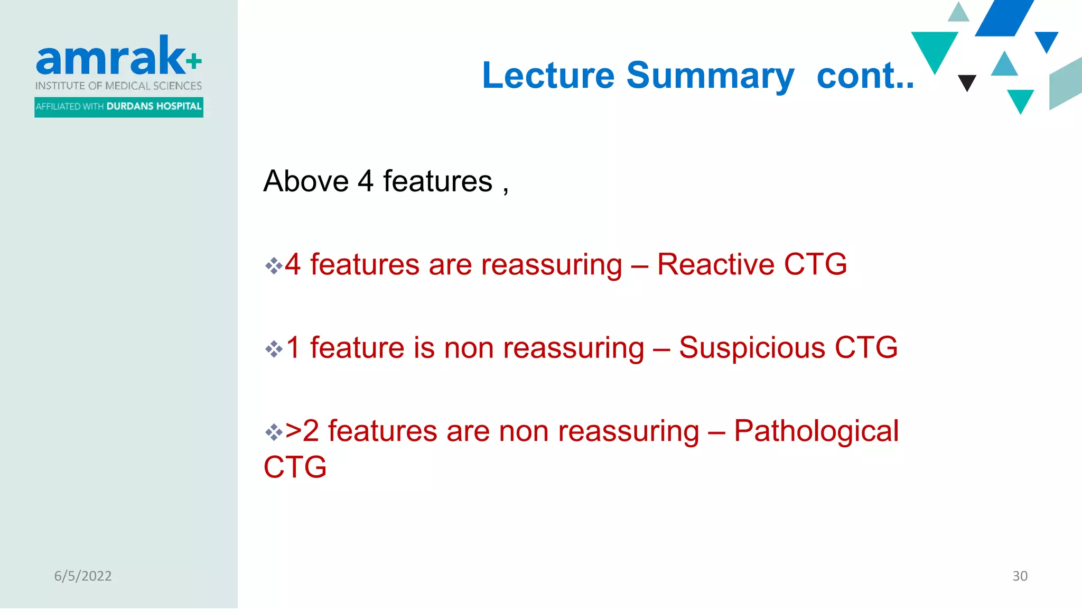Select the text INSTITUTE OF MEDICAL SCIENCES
click(x=118, y=86)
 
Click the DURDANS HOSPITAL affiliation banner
click(x=119, y=107)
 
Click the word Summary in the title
click(x=710, y=76)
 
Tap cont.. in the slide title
click(x=865, y=76)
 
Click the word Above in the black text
click(x=306, y=181)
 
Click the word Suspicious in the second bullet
click(x=751, y=348)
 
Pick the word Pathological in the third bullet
click(x=816, y=431)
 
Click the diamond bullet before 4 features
click(x=274, y=265)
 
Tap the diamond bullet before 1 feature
click(x=274, y=349)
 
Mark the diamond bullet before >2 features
click(x=274, y=432)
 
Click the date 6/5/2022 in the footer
click(x=83, y=576)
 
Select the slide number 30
click(x=1020, y=576)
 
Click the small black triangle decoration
click(x=967, y=81)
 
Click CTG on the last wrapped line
click(x=295, y=467)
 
